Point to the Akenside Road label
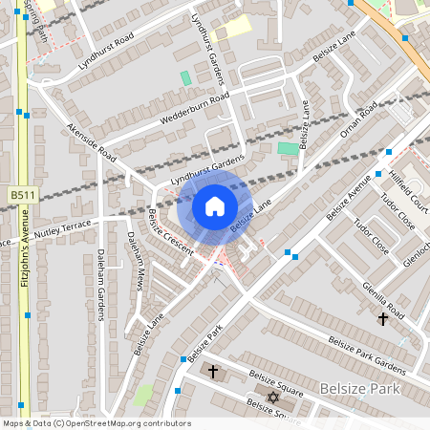point(92,142)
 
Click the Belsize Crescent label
point(170,232)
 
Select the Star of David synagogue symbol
point(270,397)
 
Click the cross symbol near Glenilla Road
point(383,317)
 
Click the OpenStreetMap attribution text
point(97,423)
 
